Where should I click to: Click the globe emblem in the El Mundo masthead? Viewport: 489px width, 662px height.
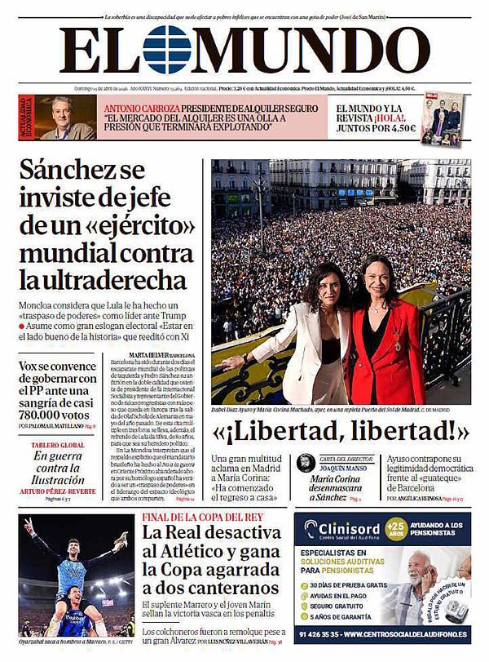point(167,50)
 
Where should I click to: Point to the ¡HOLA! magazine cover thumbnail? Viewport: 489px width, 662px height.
point(442,118)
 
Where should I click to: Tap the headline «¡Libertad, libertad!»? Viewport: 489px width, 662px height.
point(341,431)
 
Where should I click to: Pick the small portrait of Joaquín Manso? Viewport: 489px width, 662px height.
point(306,463)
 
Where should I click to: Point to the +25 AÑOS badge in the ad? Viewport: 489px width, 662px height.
point(396,528)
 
